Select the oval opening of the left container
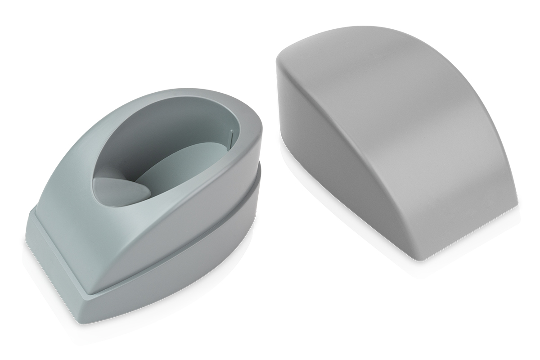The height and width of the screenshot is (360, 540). click(x=171, y=148)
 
